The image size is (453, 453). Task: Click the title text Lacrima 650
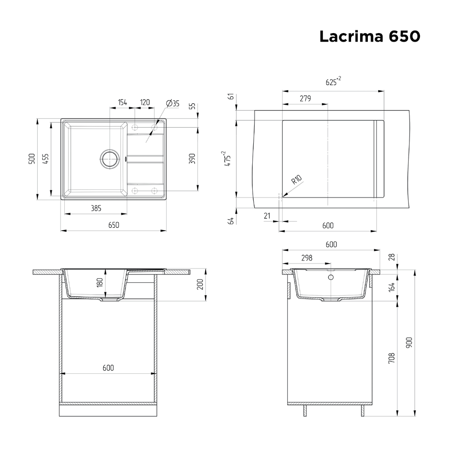pos(370,37)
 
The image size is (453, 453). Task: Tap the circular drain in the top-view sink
pos(109,159)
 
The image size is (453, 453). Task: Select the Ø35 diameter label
pos(173,103)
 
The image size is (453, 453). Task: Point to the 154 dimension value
pos(122,102)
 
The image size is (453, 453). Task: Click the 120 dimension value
pos(145,102)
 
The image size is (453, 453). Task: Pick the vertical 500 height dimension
pos(31,159)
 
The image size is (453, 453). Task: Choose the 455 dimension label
pos(45,159)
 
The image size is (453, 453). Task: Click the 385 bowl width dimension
pos(95,208)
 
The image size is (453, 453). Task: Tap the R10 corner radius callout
pos(297,180)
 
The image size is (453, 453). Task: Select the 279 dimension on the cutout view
pos(305,99)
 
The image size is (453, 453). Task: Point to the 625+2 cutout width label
pos(333,82)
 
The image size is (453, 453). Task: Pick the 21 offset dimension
pos(267,216)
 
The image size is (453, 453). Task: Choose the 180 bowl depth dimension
pos(100,284)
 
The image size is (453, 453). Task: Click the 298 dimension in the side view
pos(307,258)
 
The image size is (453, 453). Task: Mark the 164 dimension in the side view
pos(391,286)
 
